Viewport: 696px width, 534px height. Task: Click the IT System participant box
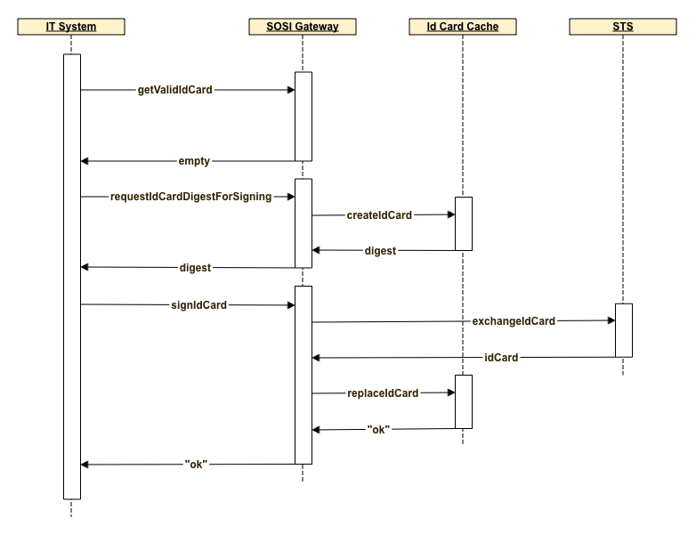[71, 27]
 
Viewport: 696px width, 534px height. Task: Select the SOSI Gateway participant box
[303, 27]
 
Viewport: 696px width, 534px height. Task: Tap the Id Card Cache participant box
[463, 27]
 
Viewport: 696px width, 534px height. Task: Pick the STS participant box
[623, 27]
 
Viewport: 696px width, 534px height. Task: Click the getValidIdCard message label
[175, 90]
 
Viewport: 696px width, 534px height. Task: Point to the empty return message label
[194, 161]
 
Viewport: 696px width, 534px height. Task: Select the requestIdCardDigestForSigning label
[190, 197]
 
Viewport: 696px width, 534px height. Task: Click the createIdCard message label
[380, 214]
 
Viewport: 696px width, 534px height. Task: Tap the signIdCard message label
[198, 304]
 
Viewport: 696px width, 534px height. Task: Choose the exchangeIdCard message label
[514, 321]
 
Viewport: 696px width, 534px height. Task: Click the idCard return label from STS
[501, 358]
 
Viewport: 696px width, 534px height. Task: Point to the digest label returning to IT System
[195, 267]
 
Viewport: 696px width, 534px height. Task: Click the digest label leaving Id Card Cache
[380, 250]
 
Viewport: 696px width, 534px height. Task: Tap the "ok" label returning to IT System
[196, 464]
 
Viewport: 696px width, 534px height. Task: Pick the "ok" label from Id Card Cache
[378, 429]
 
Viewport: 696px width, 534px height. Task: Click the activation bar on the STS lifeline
[623, 330]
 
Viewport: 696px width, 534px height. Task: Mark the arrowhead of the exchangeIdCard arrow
[610, 320]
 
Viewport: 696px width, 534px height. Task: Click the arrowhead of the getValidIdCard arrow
[289, 90]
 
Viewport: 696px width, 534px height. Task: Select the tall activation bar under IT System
[71, 276]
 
